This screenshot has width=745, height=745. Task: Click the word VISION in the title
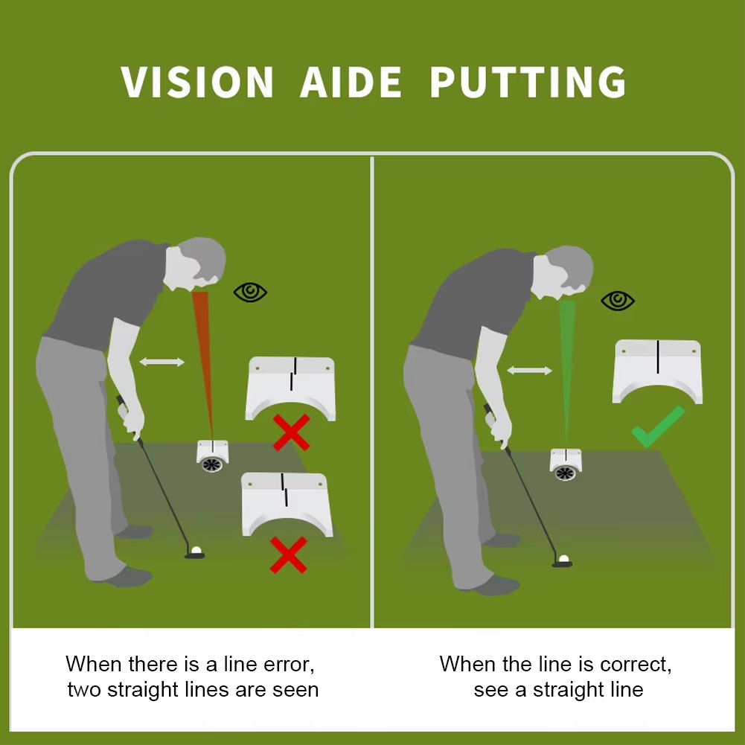197,82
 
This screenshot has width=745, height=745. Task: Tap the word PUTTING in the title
528,82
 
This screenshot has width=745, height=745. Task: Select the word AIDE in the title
351,82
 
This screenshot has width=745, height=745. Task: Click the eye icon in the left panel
250,292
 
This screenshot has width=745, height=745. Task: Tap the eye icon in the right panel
618,300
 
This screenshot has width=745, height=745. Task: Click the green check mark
658,426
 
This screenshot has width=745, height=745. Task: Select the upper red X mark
291,432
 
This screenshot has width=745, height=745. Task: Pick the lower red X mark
289,555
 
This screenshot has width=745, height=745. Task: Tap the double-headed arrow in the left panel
162,362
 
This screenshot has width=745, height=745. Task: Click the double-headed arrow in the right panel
529,370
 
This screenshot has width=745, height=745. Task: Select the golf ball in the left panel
196,551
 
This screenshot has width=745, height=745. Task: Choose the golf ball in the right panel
563,559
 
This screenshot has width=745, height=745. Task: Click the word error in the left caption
289,664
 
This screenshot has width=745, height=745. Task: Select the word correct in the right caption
636,664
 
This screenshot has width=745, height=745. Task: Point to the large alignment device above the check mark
658,371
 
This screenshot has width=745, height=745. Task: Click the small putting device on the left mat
212,456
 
